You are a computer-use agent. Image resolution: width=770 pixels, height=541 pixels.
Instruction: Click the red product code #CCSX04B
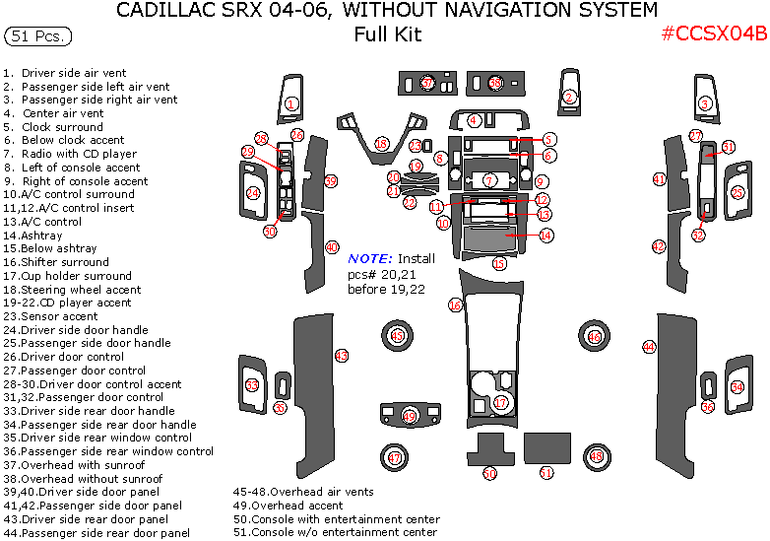click(x=713, y=33)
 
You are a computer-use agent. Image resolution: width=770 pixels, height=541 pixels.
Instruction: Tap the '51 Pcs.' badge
click(x=37, y=36)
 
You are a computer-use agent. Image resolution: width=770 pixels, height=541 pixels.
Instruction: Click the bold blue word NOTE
click(x=371, y=258)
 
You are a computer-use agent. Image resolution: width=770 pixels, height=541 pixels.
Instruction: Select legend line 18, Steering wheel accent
click(x=73, y=290)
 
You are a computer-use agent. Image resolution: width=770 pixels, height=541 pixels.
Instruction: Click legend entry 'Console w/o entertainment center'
click(x=335, y=532)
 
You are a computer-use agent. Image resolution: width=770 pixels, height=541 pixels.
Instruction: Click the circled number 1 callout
click(x=291, y=103)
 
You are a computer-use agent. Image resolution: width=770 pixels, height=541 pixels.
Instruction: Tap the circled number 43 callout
click(x=342, y=355)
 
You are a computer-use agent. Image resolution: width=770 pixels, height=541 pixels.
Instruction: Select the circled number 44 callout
click(x=649, y=347)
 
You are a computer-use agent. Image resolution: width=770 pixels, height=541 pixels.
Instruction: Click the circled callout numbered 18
click(x=381, y=145)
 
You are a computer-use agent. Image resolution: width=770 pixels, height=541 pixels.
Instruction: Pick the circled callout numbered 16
click(x=455, y=306)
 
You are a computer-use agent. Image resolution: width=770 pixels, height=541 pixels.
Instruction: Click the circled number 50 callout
click(x=489, y=474)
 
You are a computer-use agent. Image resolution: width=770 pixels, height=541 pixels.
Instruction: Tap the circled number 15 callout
click(x=500, y=263)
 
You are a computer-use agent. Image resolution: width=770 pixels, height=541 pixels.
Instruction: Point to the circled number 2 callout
click(x=569, y=97)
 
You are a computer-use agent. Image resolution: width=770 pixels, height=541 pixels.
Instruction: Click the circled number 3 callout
click(x=705, y=103)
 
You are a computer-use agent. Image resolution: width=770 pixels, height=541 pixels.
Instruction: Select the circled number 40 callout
click(x=332, y=247)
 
